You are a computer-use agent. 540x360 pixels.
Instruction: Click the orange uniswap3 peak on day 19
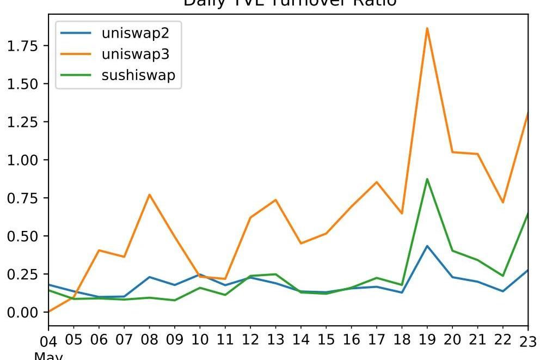pyautogui.click(x=427, y=28)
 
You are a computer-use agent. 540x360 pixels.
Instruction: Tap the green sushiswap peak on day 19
pyautogui.click(x=427, y=179)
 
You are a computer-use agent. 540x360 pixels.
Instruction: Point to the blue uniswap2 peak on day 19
pyautogui.click(x=427, y=246)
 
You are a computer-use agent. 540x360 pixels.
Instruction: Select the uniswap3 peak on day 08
pyautogui.click(x=149, y=194)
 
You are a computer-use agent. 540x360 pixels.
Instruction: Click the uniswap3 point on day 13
pyautogui.click(x=276, y=200)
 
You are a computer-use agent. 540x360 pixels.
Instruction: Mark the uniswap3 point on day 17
pyautogui.click(x=377, y=182)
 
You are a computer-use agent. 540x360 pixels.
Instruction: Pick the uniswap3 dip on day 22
pyautogui.click(x=503, y=203)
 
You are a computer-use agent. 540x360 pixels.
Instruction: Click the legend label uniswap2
pyautogui.click(x=136, y=33)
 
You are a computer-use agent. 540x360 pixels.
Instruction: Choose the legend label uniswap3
pyautogui.click(x=136, y=54)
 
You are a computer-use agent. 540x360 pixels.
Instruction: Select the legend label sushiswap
pyautogui.click(x=138, y=75)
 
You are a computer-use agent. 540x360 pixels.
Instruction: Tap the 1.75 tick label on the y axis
pyautogui.click(x=23, y=46)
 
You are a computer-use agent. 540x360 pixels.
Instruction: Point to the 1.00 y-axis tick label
pyautogui.click(x=23, y=160)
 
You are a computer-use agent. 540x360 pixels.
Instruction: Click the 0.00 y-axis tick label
pyautogui.click(x=23, y=312)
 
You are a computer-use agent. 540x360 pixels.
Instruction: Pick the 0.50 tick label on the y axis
pyautogui.click(x=23, y=236)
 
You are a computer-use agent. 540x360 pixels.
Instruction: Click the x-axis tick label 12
pyautogui.click(x=250, y=340)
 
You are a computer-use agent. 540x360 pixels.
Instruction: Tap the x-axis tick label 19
pyautogui.click(x=427, y=340)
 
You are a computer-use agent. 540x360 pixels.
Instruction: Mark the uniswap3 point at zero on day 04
pyautogui.click(x=49, y=312)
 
